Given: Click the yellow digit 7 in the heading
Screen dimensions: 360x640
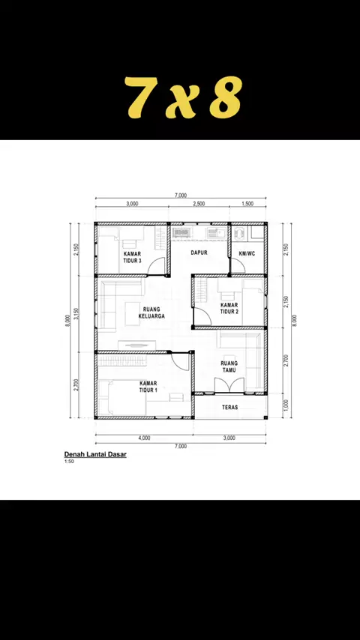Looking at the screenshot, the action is (x=139, y=97).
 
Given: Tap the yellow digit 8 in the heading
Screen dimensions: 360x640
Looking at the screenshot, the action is (x=226, y=97).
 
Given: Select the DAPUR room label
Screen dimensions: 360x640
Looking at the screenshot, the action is (x=199, y=253).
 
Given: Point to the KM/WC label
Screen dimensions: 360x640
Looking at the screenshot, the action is (x=247, y=254).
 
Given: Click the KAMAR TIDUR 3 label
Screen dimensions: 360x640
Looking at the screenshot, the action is (x=133, y=257).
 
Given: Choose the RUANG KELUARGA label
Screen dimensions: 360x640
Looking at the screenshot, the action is (x=151, y=313).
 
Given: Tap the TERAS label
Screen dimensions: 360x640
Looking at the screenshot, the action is (x=230, y=408).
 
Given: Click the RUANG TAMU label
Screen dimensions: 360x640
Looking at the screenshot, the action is (x=229, y=366).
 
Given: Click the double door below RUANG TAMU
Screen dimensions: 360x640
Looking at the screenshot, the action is (x=229, y=385).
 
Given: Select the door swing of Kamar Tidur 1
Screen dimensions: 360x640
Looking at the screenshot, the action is (x=180, y=360).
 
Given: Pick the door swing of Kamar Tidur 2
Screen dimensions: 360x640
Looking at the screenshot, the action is (x=201, y=317).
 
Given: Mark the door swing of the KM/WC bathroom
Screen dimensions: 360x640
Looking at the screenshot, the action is (x=238, y=267).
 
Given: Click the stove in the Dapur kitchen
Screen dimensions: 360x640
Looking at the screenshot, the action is (x=180, y=232).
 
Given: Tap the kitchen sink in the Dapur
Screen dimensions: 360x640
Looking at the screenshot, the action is (x=214, y=233).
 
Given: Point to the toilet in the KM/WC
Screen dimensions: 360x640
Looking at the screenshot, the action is (x=239, y=232).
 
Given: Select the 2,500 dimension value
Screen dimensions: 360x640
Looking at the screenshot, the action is (x=199, y=204).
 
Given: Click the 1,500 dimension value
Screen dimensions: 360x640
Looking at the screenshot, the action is (x=247, y=204).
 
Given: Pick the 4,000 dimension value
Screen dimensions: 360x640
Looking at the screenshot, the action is (x=144, y=438).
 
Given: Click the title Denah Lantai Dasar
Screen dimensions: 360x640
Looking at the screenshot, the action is (x=95, y=455).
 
